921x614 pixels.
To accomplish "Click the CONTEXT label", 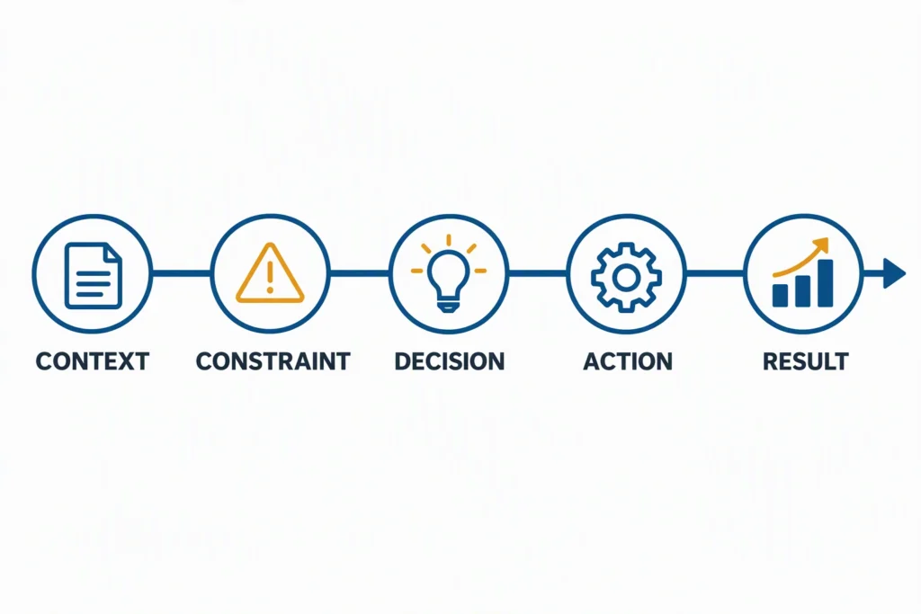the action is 93,361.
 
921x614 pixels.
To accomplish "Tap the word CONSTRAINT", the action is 273,361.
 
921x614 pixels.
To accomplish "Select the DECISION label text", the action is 450,361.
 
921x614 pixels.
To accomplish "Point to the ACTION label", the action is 628,361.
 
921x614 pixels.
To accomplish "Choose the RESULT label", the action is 805,361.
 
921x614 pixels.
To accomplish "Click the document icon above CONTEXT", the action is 94,275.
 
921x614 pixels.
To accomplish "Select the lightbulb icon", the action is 449,273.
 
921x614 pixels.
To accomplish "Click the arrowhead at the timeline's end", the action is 895,273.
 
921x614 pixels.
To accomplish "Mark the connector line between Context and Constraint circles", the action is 182,273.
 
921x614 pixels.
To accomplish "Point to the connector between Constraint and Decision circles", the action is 360,273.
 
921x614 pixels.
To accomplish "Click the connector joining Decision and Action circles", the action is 538,273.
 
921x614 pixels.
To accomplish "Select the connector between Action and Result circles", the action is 715,273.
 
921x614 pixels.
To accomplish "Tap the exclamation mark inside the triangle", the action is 270,277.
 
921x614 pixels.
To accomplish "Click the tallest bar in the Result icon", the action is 826,283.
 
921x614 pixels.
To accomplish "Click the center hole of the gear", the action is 627,278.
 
